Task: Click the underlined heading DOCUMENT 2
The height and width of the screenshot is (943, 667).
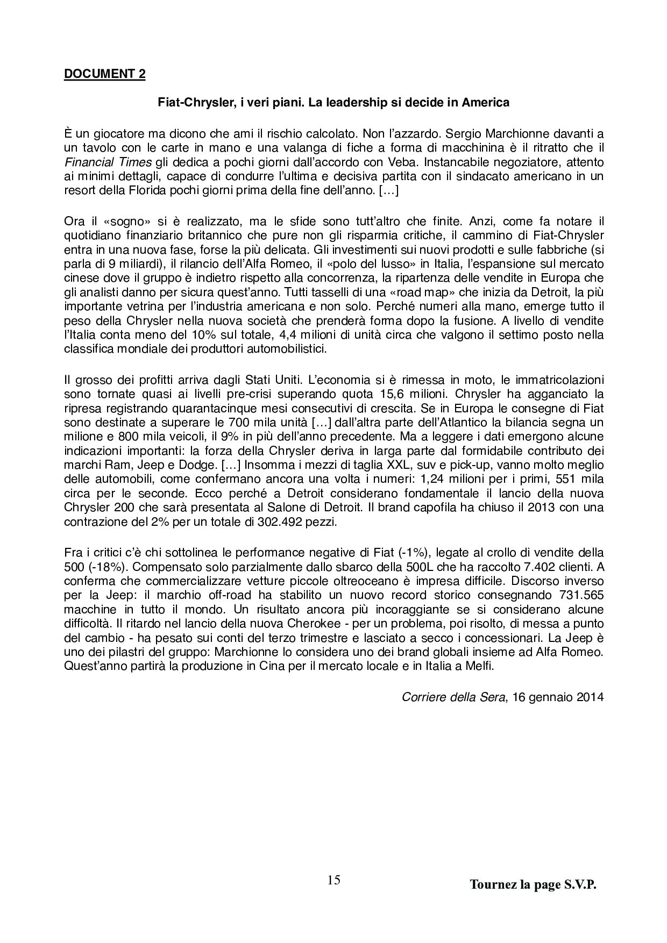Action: (104, 74)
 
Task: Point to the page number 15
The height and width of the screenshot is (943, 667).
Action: (334, 880)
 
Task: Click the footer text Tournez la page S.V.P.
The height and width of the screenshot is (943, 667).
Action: (533, 884)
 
